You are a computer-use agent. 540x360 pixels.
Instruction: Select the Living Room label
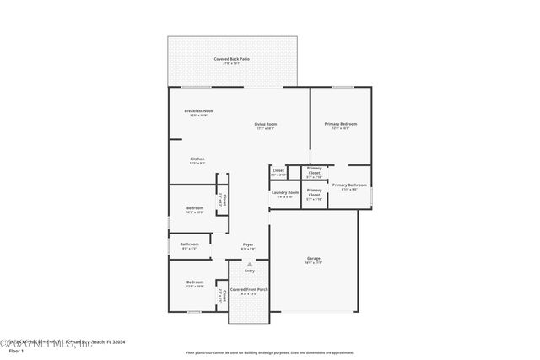tap(266, 125)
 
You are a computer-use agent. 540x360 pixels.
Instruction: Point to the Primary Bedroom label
tap(341, 124)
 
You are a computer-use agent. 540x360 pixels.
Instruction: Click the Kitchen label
tap(197, 159)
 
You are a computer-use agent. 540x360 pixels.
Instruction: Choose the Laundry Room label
tap(284, 193)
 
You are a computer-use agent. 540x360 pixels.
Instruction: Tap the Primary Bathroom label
tap(348, 185)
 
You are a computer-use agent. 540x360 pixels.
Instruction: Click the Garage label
tap(313, 258)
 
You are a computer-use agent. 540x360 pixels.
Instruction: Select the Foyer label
tap(248, 244)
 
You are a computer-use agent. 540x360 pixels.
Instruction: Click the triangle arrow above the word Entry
tap(250, 263)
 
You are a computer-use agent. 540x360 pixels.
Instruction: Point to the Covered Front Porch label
tap(249, 289)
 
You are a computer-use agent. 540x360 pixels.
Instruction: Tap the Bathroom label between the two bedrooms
tap(189, 244)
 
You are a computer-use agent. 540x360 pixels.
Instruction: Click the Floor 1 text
tap(16, 350)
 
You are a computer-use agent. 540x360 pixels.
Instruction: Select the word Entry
tap(250, 271)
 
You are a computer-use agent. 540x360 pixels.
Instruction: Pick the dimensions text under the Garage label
tap(313, 263)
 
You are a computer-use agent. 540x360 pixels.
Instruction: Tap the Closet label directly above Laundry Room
tap(278, 170)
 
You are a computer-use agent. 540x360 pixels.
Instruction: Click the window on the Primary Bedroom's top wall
tap(342, 87)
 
